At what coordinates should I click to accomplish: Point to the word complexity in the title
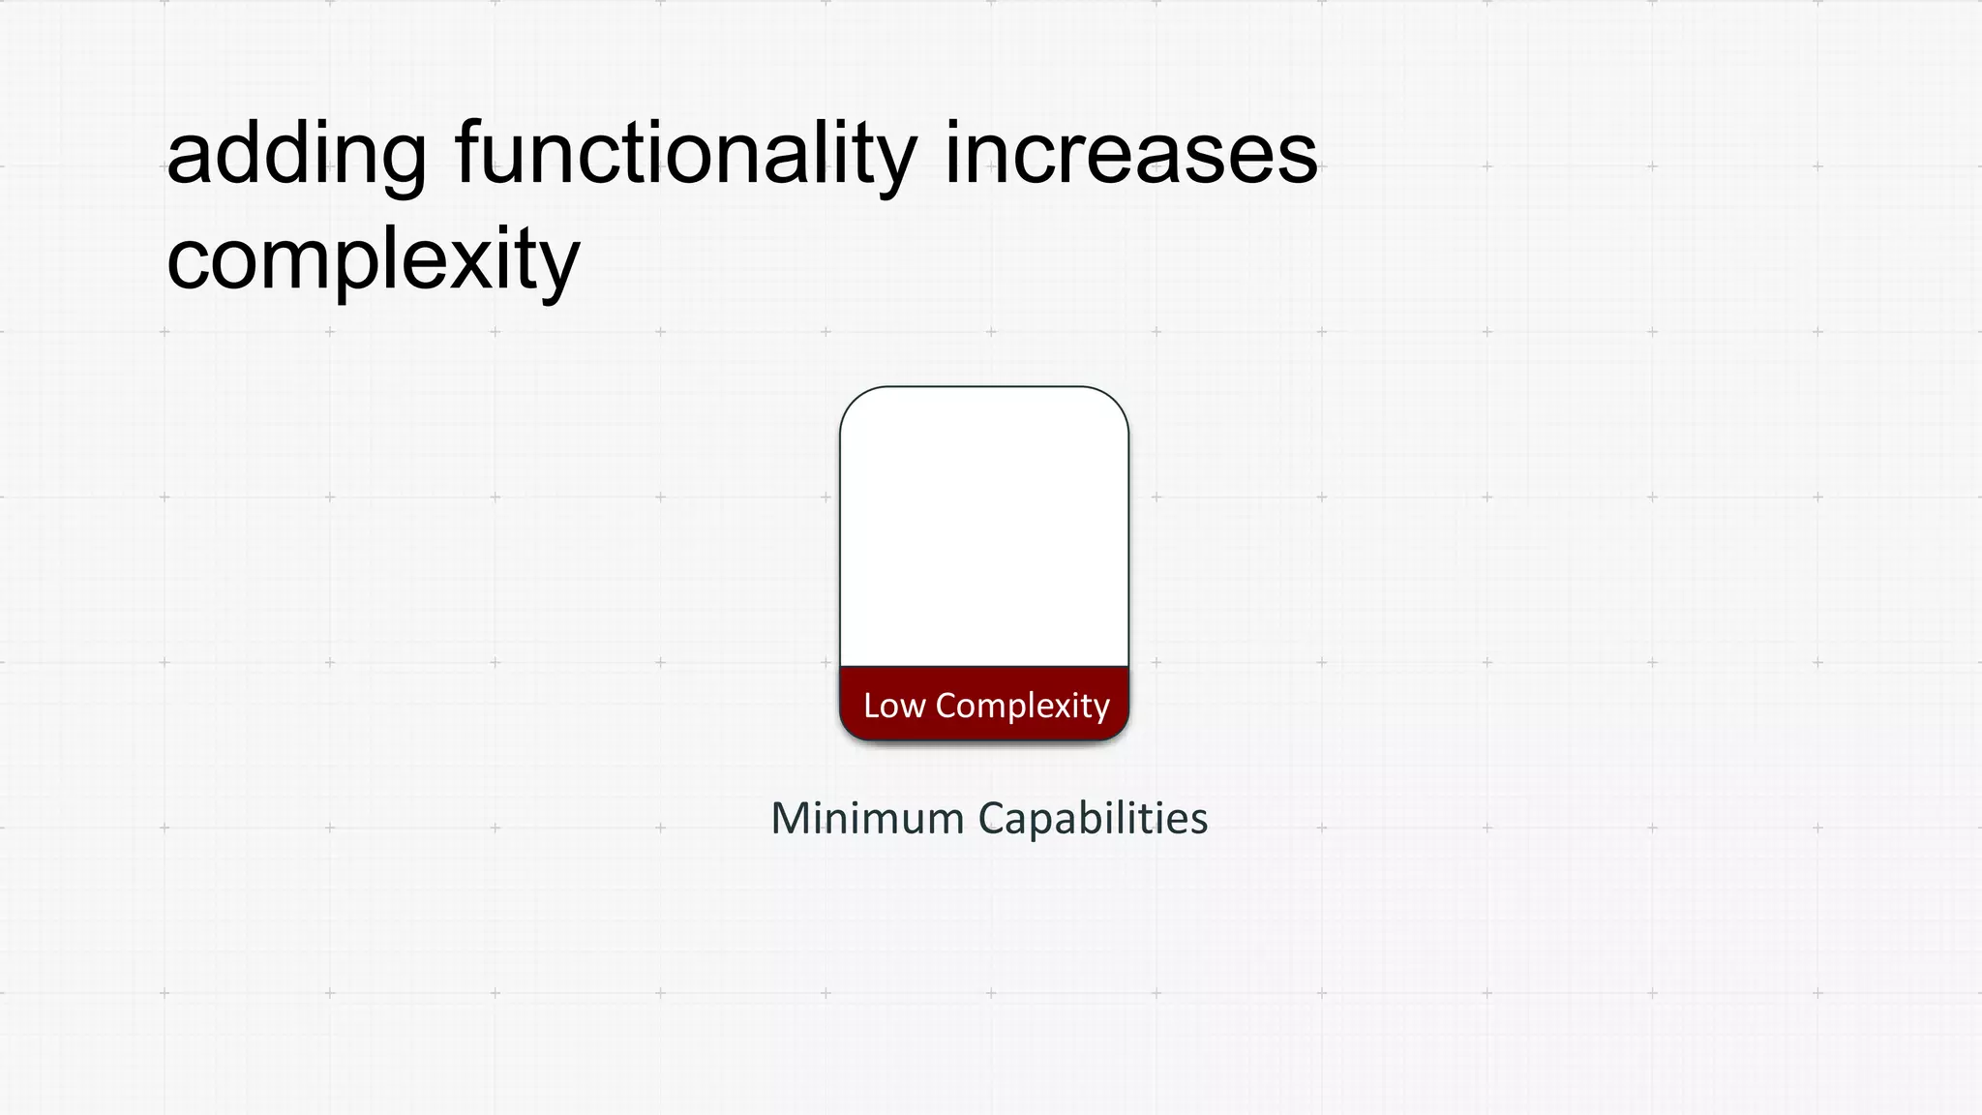tap(373, 259)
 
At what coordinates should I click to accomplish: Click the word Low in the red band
tap(893, 706)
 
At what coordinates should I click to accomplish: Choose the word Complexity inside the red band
tap(1022, 707)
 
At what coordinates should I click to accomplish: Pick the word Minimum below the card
tap(867, 818)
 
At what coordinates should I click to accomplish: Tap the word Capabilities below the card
tap(1093, 819)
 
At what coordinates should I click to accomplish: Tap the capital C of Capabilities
tap(994, 818)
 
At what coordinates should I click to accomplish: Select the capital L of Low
tap(871, 706)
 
